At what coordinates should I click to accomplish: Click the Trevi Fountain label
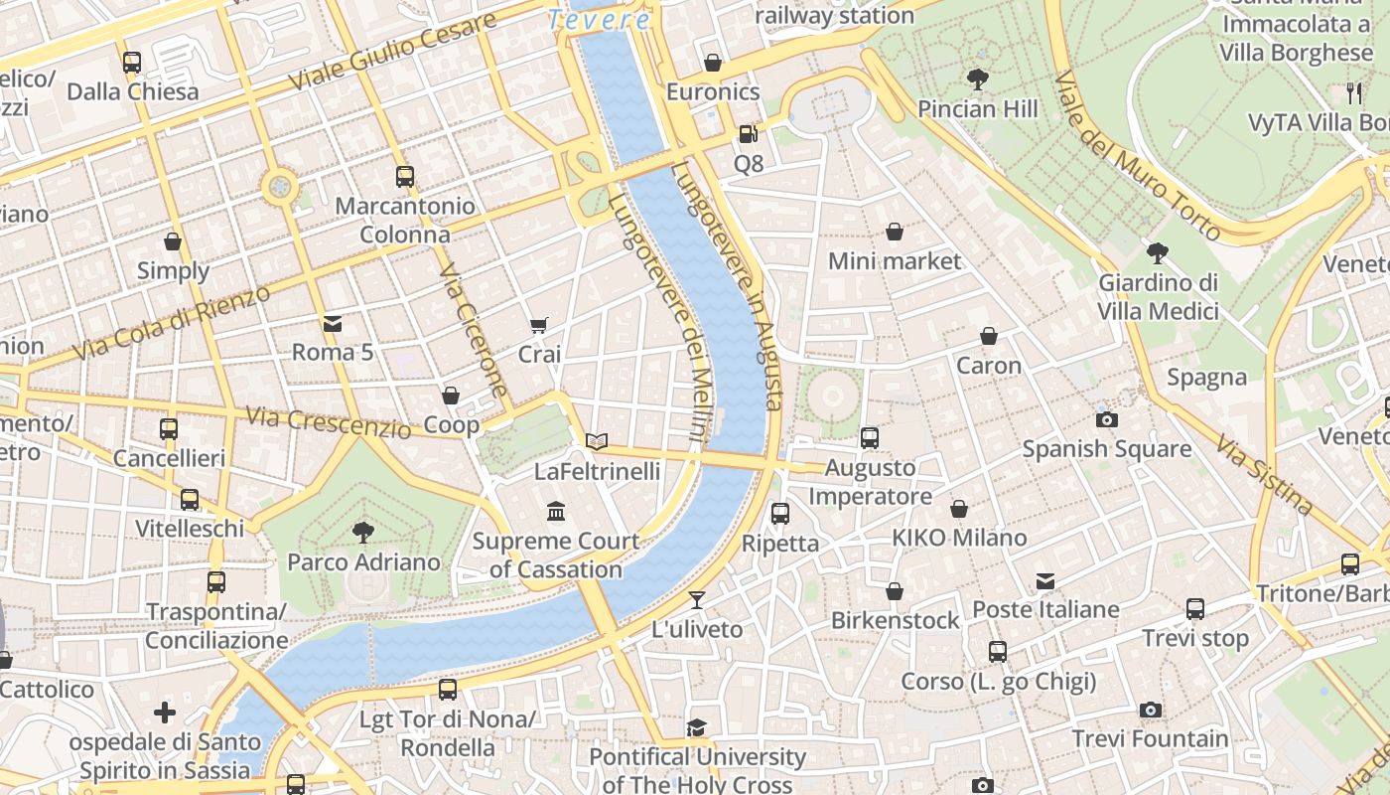point(1150,738)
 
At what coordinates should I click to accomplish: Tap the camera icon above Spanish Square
point(1106,419)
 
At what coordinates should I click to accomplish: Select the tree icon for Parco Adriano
point(362,533)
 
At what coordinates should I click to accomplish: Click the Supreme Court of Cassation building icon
point(556,512)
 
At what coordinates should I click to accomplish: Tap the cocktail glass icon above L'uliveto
point(697,599)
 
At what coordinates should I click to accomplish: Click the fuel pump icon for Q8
point(748,133)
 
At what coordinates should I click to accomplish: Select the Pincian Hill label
point(978,108)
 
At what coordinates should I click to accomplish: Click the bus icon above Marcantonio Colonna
point(404,177)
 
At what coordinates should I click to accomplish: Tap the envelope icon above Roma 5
point(332,323)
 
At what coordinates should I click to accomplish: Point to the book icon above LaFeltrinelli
point(596,441)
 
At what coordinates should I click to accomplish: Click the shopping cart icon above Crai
point(539,325)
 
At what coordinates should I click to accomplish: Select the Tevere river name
point(599,19)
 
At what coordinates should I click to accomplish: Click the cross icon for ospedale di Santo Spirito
point(165,713)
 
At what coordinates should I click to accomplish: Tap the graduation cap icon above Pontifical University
point(697,727)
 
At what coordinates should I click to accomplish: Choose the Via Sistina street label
point(1265,476)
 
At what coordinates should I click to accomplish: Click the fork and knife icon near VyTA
point(1355,93)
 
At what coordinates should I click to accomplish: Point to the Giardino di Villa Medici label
point(1158,297)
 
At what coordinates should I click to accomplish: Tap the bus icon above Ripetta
point(780,514)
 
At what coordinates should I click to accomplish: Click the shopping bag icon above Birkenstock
point(895,591)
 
